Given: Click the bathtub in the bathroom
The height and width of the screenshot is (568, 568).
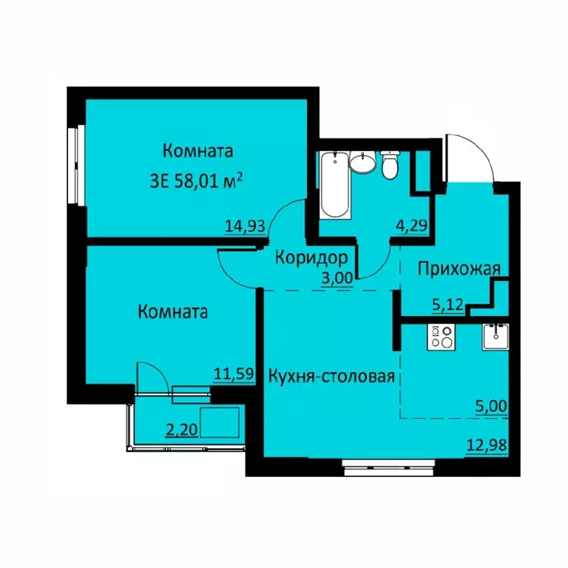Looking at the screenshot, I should tap(337, 186).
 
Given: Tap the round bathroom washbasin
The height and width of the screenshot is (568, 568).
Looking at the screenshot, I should tap(362, 163).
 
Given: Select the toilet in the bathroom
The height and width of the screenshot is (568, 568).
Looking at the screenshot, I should tap(390, 166).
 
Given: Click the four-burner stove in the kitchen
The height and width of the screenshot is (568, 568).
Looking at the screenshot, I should tap(442, 337).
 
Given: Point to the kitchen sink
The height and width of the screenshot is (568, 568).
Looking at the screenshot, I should tap(493, 337).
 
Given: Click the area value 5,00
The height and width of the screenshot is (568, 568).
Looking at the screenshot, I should tap(489, 405).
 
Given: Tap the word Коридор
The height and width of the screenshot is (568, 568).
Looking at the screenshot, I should tap(311, 258).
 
